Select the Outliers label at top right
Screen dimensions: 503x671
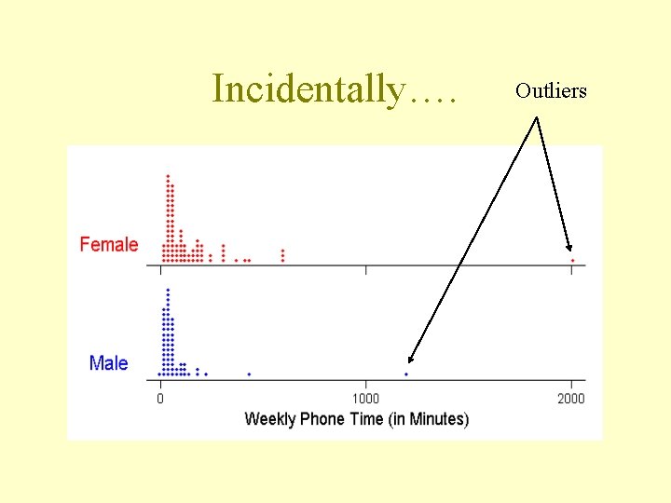pyautogui.click(x=551, y=91)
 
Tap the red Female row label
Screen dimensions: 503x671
pyautogui.click(x=109, y=245)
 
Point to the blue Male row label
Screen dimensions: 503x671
pyautogui.click(x=109, y=362)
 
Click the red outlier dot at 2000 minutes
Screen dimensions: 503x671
pyautogui.click(x=572, y=260)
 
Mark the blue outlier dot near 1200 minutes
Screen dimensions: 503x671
pyautogui.click(x=406, y=374)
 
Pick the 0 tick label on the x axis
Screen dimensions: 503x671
pyautogui.click(x=160, y=399)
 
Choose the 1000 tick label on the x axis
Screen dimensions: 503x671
pyautogui.click(x=365, y=399)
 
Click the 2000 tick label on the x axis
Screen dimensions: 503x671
pyautogui.click(x=571, y=399)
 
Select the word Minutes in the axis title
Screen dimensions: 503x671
pyautogui.click(x=434, y=419)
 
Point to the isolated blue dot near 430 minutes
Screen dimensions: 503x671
pyautogui.click(x=249, y=374)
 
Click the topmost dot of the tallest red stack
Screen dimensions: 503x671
pyautogui.click(x=168, y=176)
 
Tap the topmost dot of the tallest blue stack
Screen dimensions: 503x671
pyautogui.click(x=168, y=290)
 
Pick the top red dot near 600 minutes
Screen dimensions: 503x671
pyautogui.click(x=282, y=251)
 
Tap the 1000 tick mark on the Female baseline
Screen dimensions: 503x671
pyautogui.click(x=365, y=269)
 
